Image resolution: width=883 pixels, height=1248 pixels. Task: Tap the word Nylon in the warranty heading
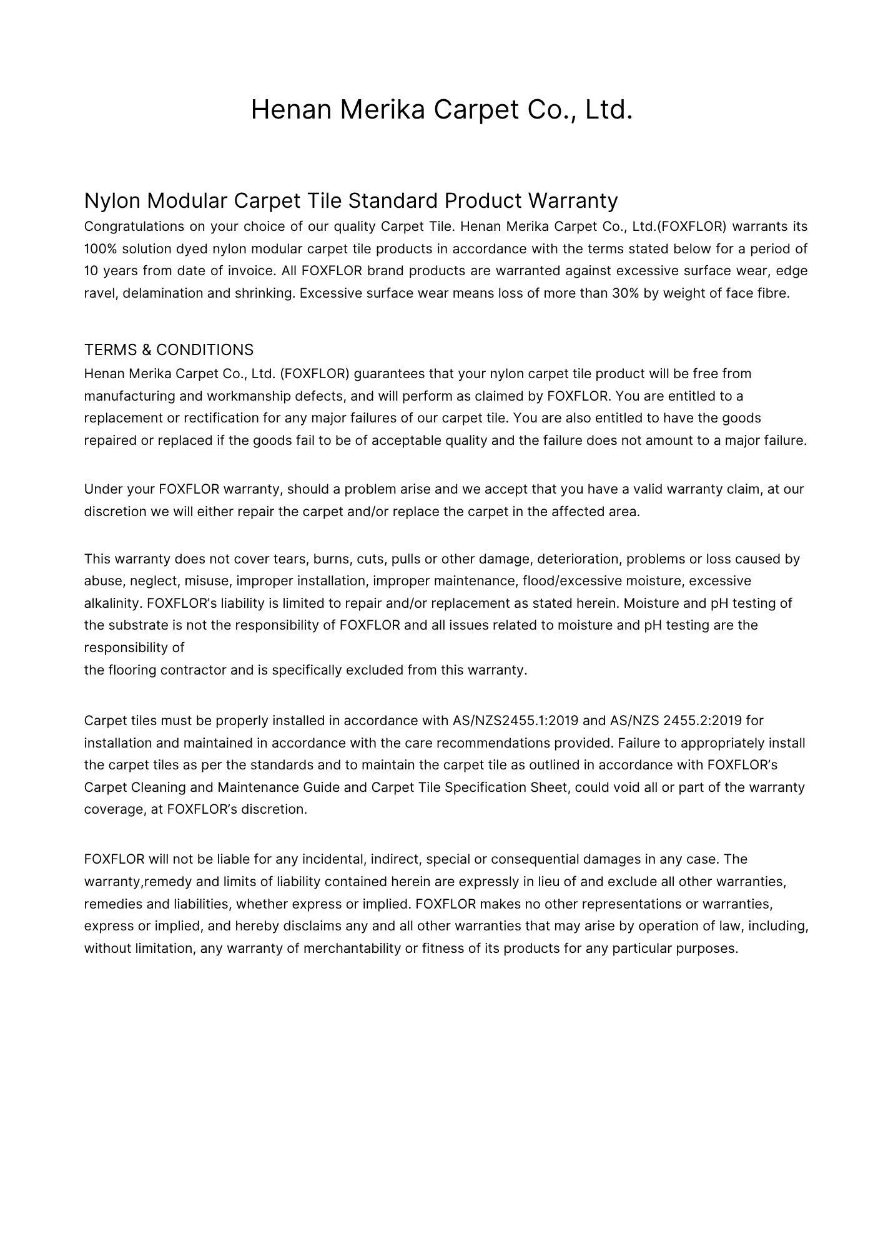click(112, 201)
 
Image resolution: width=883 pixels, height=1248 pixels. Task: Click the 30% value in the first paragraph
click(624, 293)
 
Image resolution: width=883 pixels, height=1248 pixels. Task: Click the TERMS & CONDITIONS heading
click(169, 349)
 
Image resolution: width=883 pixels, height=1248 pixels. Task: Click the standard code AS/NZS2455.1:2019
click(515, 721)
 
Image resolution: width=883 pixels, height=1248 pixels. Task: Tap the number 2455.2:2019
click(702, 721)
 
